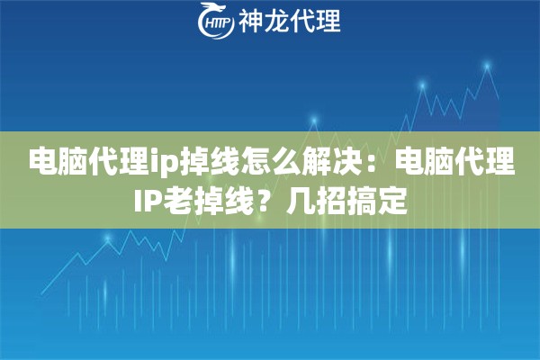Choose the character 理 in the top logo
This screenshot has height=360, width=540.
click(x=328, y=21)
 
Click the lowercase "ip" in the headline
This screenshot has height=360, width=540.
click(x=166, y=163)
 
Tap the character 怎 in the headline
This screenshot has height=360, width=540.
click(x=258, y=161)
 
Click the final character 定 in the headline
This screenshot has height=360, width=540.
click(x=392, y=201)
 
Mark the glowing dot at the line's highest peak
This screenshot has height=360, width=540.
click(x=487, y=65)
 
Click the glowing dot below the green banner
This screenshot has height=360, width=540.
click(x=108, y=238)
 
